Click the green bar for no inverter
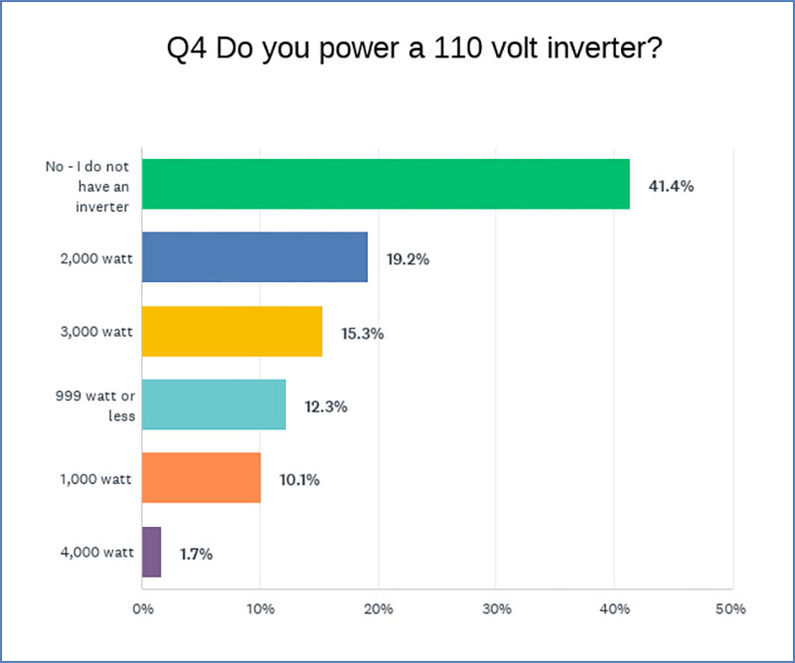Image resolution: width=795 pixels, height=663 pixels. click(x=386, y=184)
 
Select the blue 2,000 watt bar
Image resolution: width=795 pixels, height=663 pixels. click(x=255, y=257)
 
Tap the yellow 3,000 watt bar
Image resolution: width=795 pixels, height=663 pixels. click(x=233, y=331)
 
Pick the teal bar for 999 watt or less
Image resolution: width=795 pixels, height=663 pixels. click(x=214, y=405)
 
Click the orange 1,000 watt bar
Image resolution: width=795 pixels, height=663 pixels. click(x=202, y=478)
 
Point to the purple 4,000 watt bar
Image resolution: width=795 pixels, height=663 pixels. click(x=152, y=552)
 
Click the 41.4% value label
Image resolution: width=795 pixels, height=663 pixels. click(x=672, y=186)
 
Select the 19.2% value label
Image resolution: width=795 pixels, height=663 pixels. click(x=407, y=259)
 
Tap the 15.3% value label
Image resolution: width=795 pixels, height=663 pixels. click(x=363, y=333)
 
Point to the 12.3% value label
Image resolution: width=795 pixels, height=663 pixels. click(x=326, y=407)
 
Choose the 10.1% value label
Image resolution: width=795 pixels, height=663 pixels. click(x=300, y=480)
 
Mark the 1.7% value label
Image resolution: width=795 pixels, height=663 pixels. click(x=196, y=554)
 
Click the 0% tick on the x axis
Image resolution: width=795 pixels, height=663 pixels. click(x=143, y=608)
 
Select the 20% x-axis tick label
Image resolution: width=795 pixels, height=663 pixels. click(x=379, y=608)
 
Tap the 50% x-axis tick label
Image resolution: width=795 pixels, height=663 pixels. click(x=730, y=608)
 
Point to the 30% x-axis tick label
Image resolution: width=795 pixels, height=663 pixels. click(x=497, y=608)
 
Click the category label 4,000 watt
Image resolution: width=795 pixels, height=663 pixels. click(x=97, y=553)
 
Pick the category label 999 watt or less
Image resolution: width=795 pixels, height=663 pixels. click(x=95, y=406)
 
